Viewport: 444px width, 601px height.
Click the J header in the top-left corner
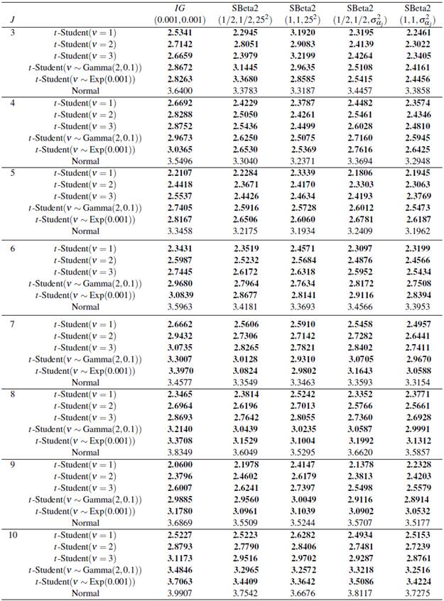pyautogui.click(x=13, y=20)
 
